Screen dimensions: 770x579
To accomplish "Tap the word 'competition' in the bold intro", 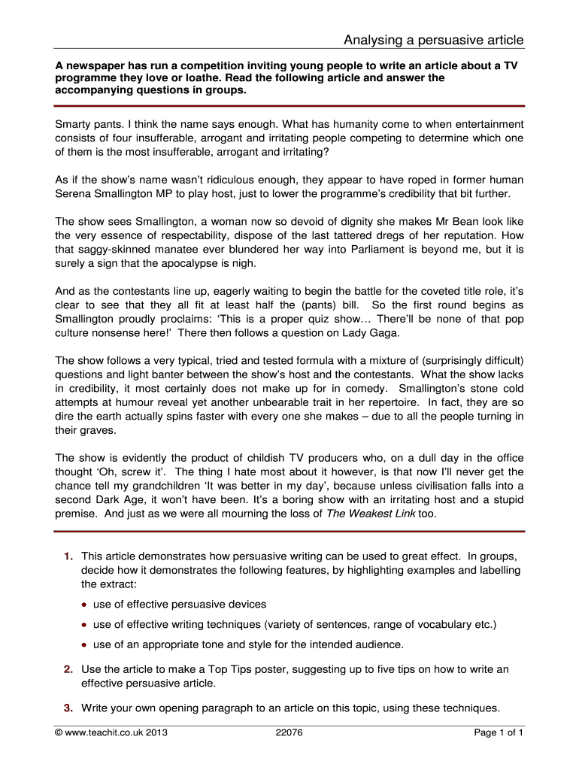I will click(217, 65).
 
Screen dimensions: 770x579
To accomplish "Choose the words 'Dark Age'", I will click(118, 501).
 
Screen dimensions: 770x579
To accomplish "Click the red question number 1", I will click(68, 556).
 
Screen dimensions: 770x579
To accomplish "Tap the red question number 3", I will click(68, 708).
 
